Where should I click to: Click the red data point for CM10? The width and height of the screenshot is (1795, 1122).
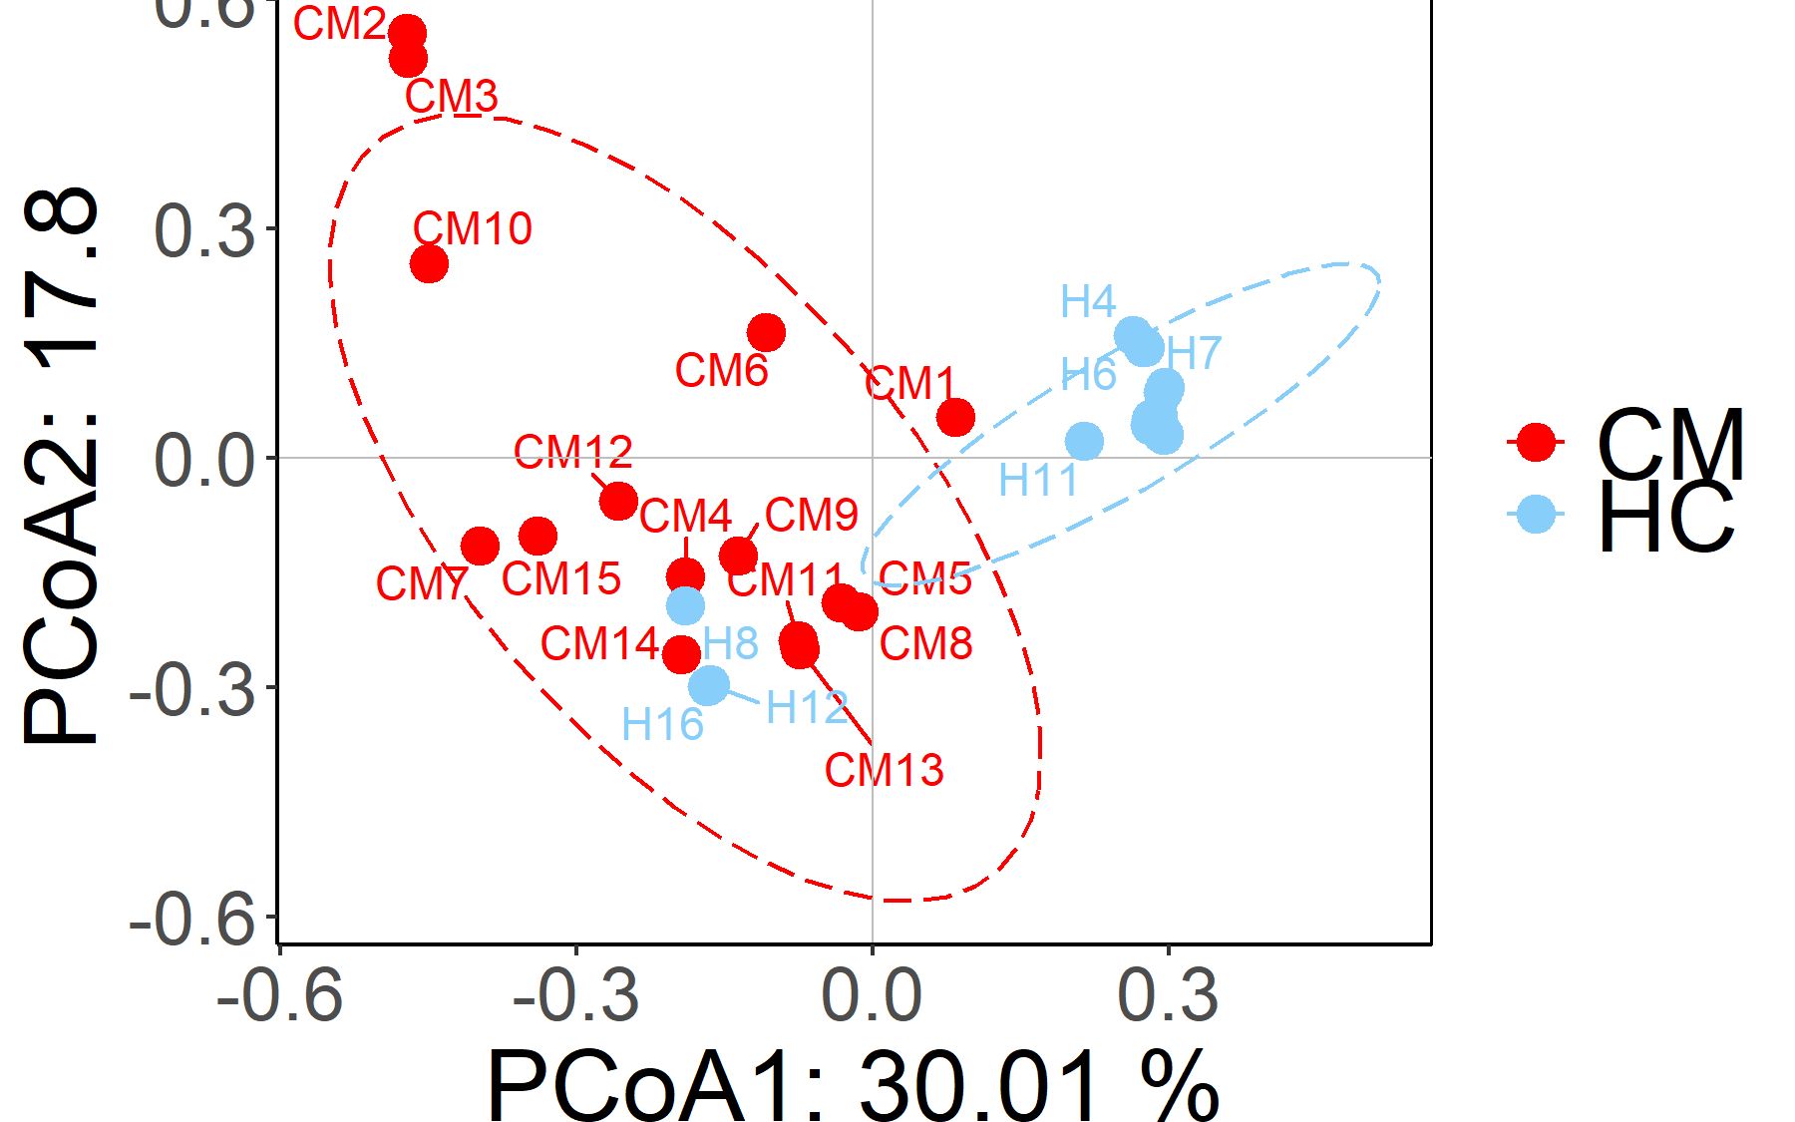[x=429, y=264]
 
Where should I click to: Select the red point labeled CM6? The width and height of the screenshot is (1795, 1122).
[x=766, y=332]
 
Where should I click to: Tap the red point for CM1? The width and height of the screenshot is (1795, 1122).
[x=955, y=417]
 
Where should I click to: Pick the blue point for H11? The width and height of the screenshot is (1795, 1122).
[x=1084, y=441]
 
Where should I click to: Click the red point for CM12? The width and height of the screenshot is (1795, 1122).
[x=619, y=501]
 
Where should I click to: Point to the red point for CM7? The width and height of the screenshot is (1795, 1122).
[x=480, y=546]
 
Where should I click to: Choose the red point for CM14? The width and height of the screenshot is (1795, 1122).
[x=682, y=654]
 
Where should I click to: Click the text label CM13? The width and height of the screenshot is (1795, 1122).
[x=884, y=770]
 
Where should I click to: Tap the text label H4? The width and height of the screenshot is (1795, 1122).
[x=1088, y=301]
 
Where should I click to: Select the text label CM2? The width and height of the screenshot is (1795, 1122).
[x=340, y=24]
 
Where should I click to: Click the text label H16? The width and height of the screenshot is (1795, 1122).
[x=662, y=724]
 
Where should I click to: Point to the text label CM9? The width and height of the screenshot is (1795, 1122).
[x=812, y=515]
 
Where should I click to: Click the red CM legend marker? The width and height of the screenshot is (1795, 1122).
[x=1537, y=441]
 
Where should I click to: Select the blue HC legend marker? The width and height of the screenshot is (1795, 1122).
[x=1537, y=514]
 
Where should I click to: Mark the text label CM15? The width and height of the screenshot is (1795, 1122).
[x=561, y=578]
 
